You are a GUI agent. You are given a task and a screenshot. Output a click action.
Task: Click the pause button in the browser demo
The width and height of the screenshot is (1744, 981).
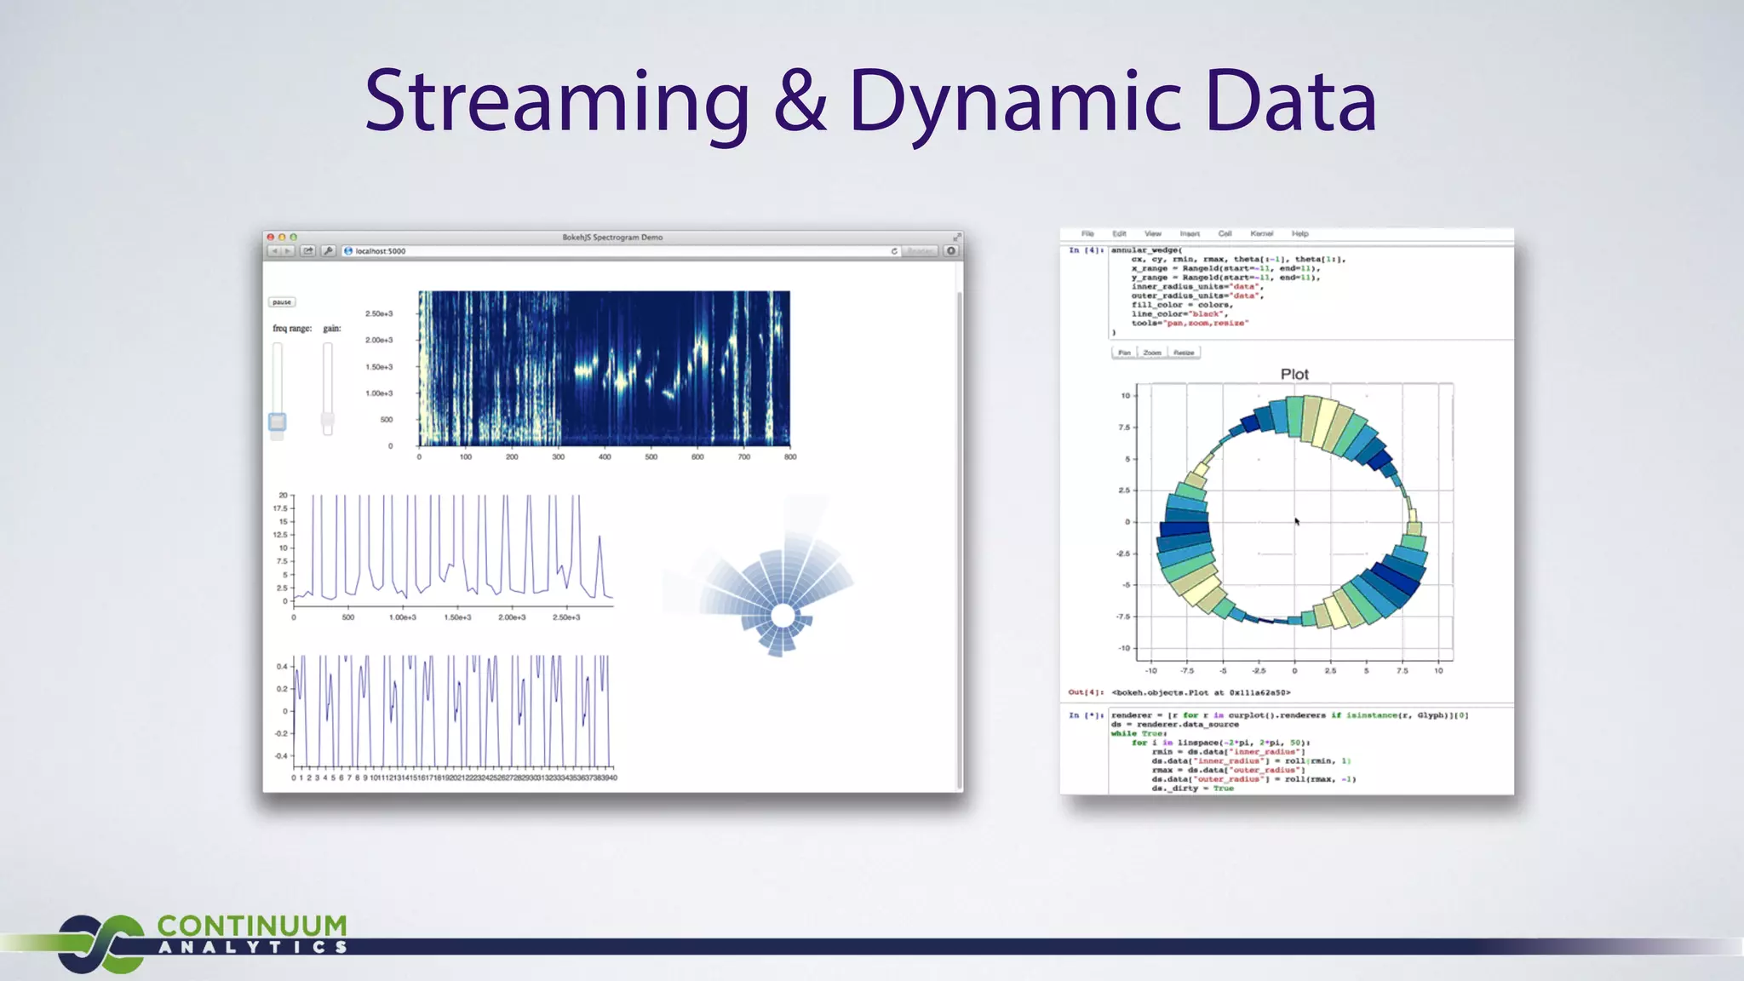(x=282, y=302)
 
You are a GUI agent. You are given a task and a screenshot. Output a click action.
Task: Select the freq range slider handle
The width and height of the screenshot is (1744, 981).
(x=278, y=422)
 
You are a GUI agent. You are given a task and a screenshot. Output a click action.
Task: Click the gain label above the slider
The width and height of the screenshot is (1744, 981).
(x=332, y=329)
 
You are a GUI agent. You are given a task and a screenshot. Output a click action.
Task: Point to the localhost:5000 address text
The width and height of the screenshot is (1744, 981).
(x=381, y=251)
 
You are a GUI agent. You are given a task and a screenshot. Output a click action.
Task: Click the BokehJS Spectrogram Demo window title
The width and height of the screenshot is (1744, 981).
(x=612, y=238)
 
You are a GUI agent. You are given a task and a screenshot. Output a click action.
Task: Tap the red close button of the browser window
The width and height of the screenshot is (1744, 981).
(x=271, y=238)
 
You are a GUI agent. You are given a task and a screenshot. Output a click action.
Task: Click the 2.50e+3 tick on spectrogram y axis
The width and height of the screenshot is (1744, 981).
(x=379, y=313)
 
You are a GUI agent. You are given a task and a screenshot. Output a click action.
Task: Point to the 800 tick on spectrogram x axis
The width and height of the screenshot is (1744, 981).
(x=790, y=457)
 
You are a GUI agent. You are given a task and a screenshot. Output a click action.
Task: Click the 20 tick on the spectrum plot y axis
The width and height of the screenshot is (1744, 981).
(x=283, y=495)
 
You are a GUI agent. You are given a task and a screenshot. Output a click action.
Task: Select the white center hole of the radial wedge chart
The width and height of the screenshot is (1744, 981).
(x=783, y=616)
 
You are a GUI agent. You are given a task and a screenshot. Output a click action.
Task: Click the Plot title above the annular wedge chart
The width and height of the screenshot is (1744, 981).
(x=1294, y=375)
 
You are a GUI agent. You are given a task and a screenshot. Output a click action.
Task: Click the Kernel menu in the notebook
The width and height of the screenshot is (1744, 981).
(x=1261, y=233)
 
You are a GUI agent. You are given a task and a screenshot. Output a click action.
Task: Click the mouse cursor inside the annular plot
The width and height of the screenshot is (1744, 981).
(x=1296, y=521)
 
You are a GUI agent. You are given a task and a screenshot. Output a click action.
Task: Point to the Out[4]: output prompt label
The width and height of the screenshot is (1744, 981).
(x=1086, y=692)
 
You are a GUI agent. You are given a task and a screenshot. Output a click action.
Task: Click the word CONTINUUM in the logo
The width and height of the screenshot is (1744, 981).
(x=252, y=926)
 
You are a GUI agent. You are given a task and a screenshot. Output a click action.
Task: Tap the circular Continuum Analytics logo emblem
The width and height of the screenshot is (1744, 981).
(x=100, y=944)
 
